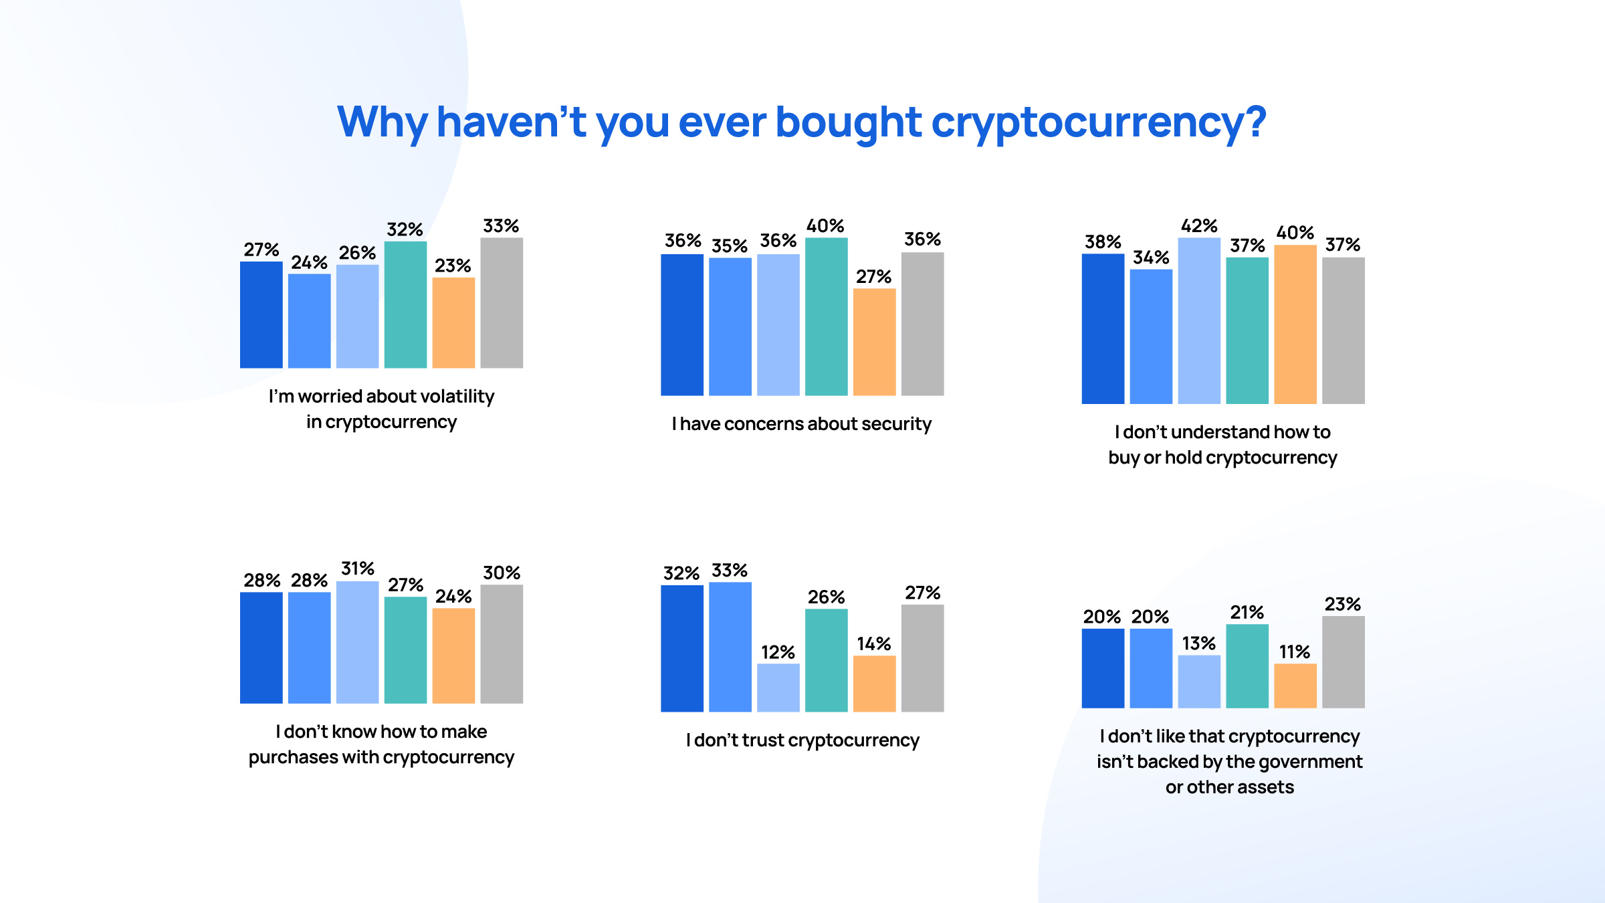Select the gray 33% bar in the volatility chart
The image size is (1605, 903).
[x=502, y=302]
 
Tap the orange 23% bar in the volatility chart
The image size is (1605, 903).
[x=453, y=322]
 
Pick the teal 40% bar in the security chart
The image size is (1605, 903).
[x=826, y=316]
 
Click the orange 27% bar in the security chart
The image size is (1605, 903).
[x=874, y=342]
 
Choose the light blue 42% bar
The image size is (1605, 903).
[x=1199, y=320]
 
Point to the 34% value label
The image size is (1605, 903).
[x=1150, y=258]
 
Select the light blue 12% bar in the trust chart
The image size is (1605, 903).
[x=778, y=687]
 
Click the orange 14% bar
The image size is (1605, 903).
[x=874, y=683]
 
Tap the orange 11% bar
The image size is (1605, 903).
[x=1295, y=685]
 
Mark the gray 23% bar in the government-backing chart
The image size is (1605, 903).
[x=1343, y=662]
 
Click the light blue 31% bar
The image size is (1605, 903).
[x=357, y=642]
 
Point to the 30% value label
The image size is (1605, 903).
[x=502, y=573]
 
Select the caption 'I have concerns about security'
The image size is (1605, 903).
[x=801, y=424]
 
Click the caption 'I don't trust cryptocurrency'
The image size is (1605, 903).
[x=802, y=740]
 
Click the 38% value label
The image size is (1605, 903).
[x=1102, y=242]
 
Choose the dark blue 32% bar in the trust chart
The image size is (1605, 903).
[x=681, y=648]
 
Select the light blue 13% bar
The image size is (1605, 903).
[x=1198, y=681]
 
